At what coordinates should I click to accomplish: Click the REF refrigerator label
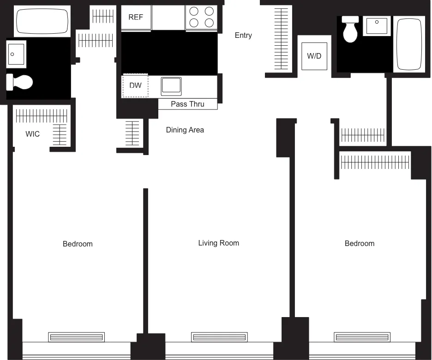click(136, 18)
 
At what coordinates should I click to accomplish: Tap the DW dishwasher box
click(135, 85)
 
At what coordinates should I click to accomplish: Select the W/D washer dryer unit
click(314, 56)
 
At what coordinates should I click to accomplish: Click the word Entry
click(243, 35)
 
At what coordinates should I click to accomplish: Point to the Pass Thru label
click(187, 104)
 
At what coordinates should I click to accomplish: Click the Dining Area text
click(185, 130)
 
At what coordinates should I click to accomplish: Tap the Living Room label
click(218, 243)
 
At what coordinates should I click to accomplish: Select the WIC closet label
click(32, 134)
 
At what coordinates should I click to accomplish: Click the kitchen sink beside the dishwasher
click(171, 86)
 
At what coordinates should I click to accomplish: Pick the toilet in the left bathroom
click(20, 82)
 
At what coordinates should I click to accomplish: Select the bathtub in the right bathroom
click(409, 44)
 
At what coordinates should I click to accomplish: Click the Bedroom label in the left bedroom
click(78, 244)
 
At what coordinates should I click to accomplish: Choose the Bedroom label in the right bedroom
click(360, 243)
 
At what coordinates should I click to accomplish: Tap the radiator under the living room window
click(219, 337)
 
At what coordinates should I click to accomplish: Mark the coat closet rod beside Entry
click(280, 40)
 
